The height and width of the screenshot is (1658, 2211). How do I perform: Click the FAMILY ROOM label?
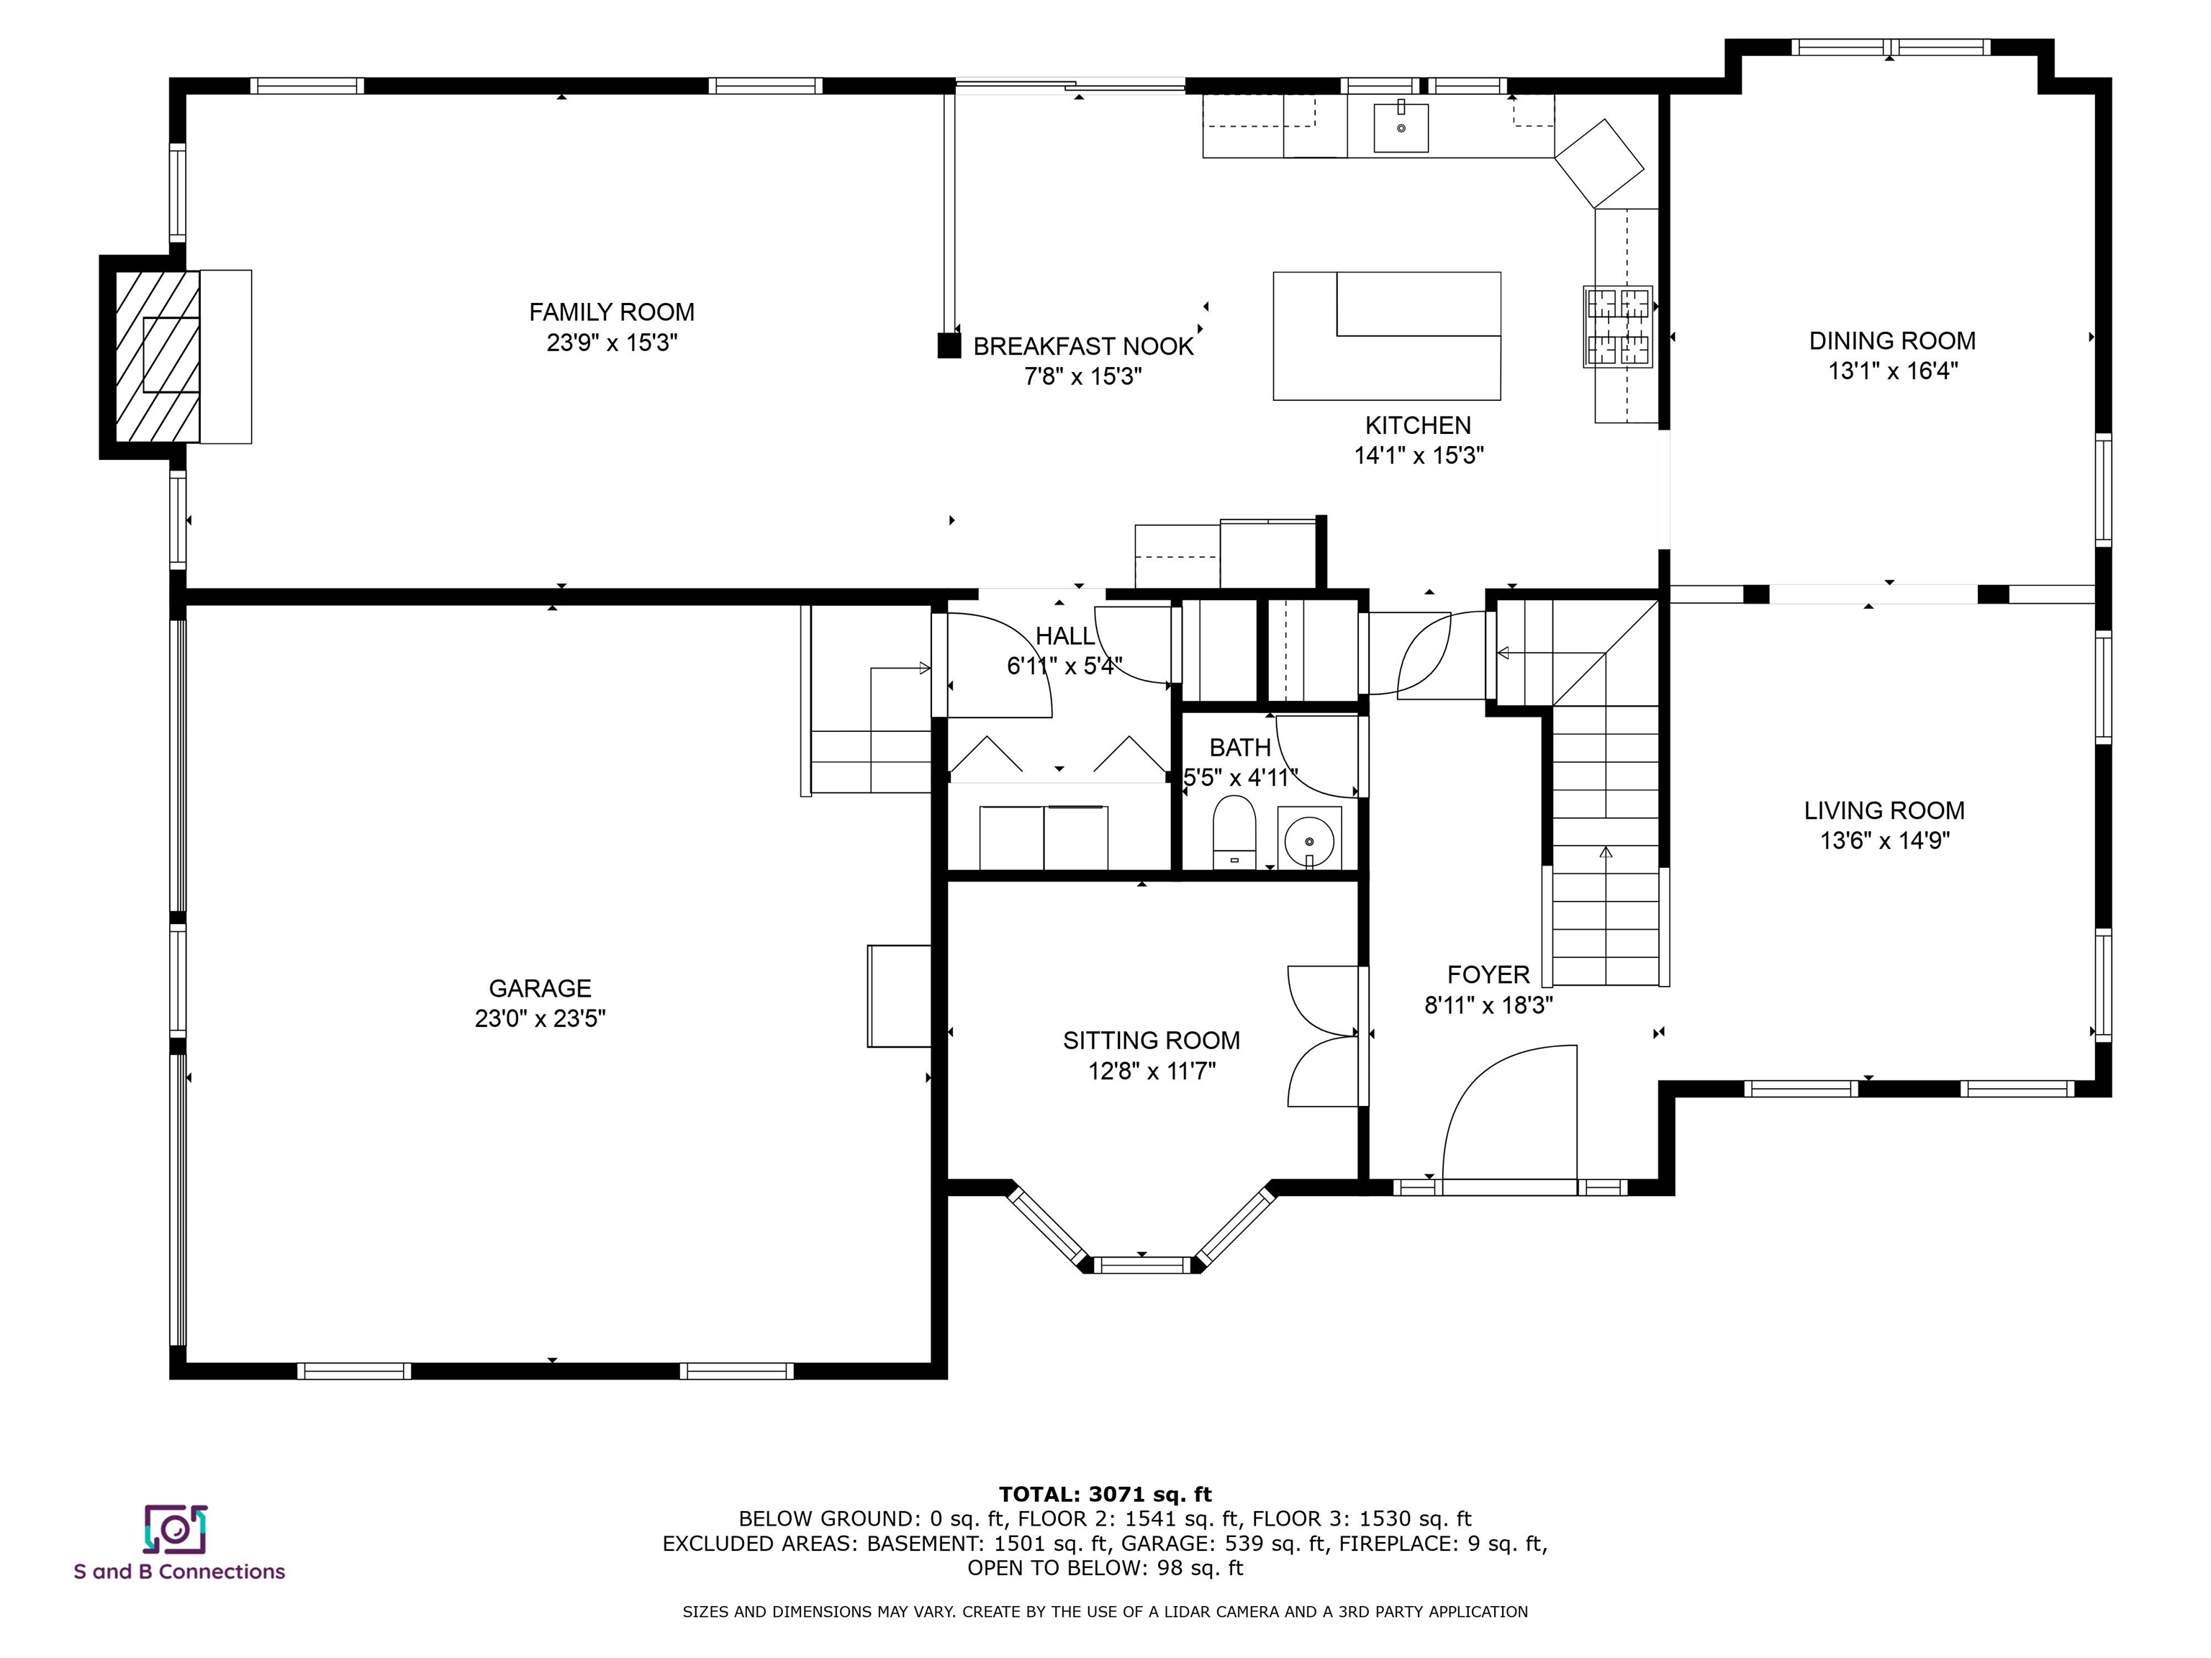[x=612, y=312]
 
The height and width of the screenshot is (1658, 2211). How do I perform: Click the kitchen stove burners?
[x=1617, y=326]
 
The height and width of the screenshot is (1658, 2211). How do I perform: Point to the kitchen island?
[x=1386, y=336]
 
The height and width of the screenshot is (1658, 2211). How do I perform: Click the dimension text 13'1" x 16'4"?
[x=1892, y=371]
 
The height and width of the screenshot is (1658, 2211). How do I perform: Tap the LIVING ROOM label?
[x=1884, y=810]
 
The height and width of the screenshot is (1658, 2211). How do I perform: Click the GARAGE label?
[x=540, y=989]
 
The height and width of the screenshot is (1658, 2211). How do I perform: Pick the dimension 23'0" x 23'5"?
[x=540, y=1018]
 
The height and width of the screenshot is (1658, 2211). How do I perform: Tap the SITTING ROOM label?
[x=1152, y=1041]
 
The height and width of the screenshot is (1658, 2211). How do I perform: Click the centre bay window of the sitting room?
[x=1141, y=1264]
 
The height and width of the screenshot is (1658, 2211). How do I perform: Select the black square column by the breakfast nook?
[x=949, y=346]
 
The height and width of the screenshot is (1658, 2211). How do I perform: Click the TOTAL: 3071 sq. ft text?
[x=1105, y=1494]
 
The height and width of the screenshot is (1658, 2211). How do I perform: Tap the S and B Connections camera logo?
[x=175, y=1529]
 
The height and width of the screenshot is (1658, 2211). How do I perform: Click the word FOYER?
[x=1488, y=974]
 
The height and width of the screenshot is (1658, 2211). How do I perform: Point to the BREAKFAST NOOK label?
[x=1083, y=346]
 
